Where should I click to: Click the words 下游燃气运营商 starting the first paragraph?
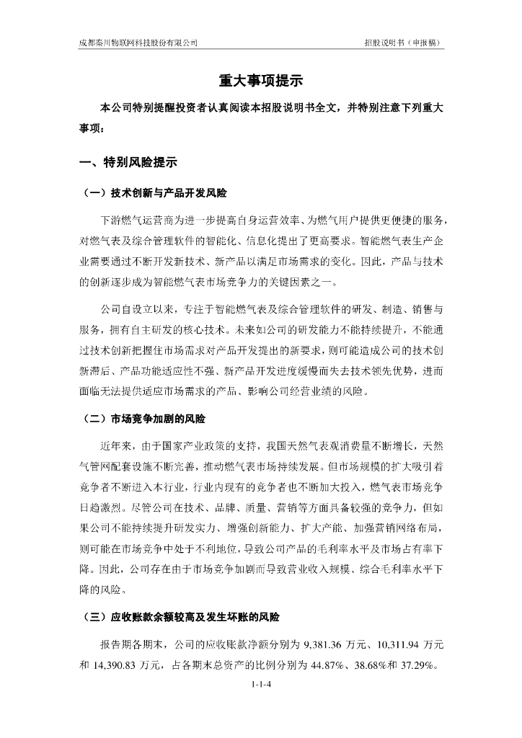(x=135, y=219)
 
